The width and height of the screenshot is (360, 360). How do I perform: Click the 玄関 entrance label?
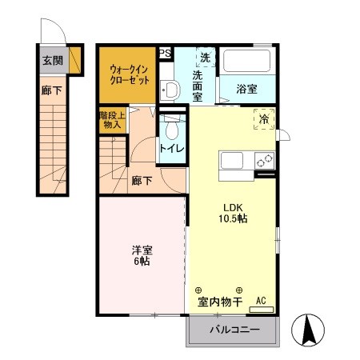pos(53,59)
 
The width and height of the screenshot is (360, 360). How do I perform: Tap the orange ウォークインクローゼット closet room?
pos(126,75)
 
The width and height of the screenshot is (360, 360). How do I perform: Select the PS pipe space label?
pos(166,54)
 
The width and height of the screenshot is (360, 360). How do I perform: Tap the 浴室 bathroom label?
pos(246,90)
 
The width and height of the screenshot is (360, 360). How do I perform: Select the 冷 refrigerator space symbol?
pos(264,118)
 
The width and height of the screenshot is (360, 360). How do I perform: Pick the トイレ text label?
pos(171,149)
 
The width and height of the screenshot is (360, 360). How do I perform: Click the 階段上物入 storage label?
pos(110,119)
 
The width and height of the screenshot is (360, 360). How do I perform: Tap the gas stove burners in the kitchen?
pos(264,160)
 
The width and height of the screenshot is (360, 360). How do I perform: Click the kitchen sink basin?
pos(234,160)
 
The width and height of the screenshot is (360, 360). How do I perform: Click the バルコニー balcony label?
pos(234,330)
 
